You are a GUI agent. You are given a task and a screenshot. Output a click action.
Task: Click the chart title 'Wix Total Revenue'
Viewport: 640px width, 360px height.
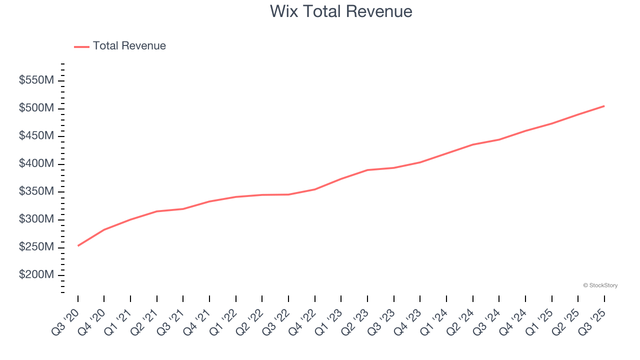(341, 11)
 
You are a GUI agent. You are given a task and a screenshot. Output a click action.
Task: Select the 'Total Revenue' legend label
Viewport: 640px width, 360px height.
(129, 46)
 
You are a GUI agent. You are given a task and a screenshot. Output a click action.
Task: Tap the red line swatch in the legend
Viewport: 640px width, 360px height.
(81, 46)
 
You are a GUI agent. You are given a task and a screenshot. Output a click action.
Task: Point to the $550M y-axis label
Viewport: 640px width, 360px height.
(36, 80)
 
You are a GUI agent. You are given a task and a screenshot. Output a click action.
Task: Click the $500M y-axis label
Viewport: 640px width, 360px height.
(36, 108)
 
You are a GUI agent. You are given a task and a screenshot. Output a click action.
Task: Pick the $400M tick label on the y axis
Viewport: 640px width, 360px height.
(36, 164)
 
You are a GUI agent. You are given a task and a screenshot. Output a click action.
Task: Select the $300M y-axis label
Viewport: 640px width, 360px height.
(36, 219)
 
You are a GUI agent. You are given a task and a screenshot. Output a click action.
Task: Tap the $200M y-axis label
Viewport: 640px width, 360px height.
(36, 275)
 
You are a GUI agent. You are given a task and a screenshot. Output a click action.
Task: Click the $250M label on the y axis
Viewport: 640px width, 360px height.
(36, 247)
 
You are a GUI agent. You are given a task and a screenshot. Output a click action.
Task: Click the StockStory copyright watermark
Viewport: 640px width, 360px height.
(600, 285)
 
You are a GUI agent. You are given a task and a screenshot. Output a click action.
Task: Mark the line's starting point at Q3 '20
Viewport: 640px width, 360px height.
(78, 245)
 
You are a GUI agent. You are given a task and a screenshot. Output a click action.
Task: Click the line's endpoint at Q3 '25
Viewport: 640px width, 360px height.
(604, 106)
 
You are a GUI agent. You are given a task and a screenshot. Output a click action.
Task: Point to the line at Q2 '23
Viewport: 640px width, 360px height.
(367, 170)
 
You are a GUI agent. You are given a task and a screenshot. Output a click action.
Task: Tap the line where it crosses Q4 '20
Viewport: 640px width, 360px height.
(104, 229)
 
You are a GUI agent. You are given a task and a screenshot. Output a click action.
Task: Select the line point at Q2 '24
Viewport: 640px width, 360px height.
(472, 144)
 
